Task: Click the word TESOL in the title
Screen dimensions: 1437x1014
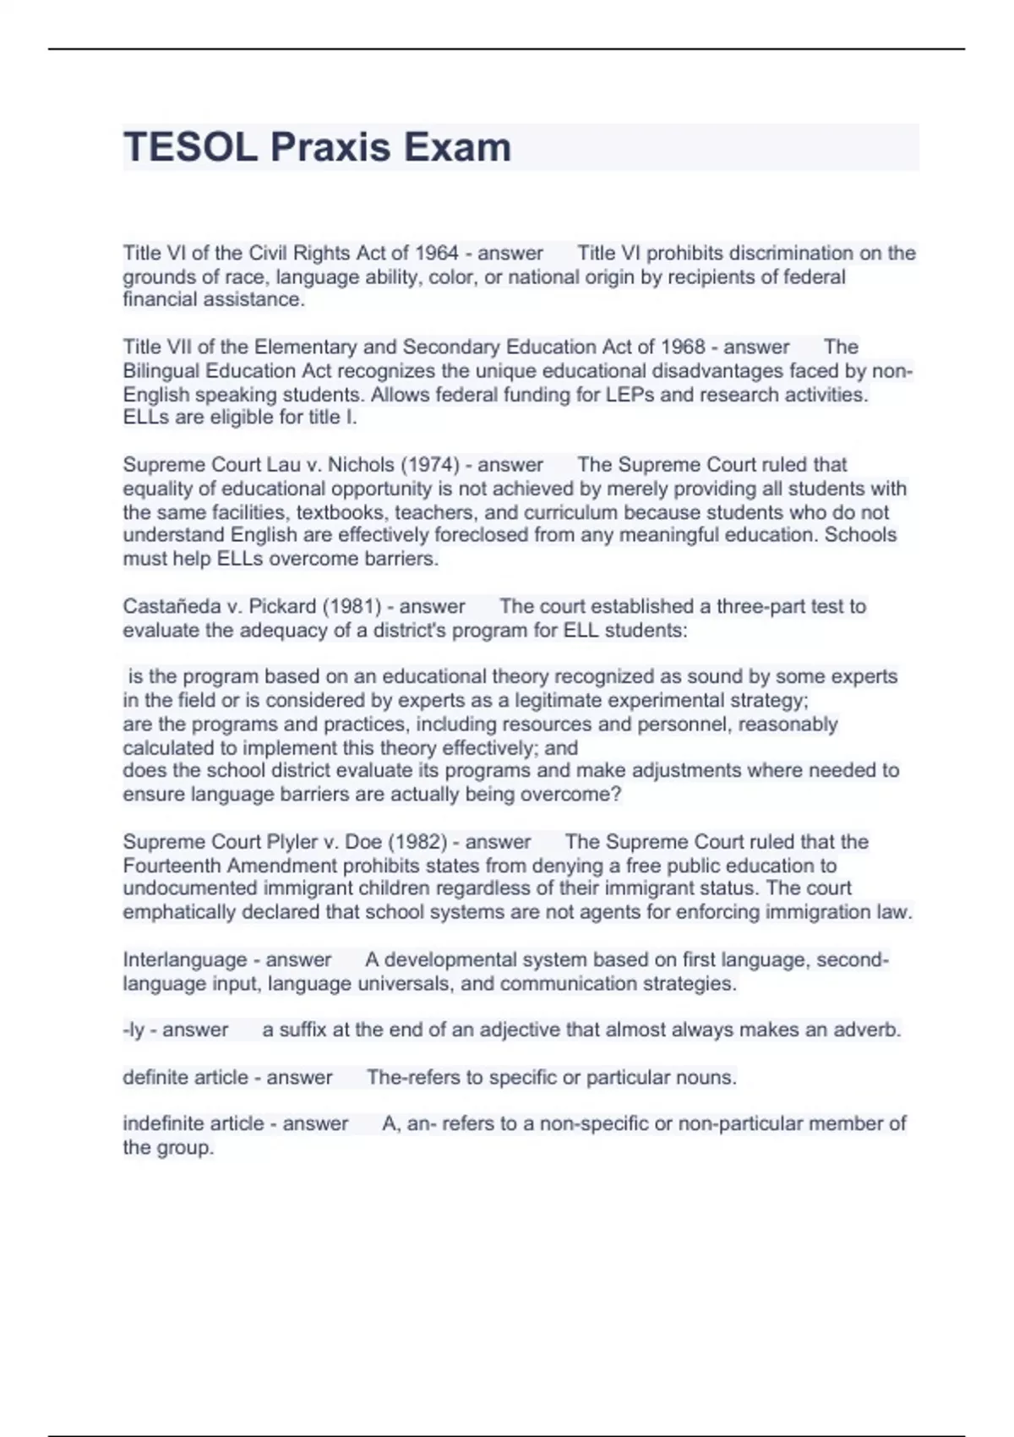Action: (x=190, y=148)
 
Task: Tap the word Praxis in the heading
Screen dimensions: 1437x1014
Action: (x=330, y=148)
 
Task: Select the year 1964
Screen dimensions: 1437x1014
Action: (x=436, y=253)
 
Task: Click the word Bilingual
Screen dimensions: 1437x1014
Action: (x=162, y=371)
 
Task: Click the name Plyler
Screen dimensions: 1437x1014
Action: (x=292, y=842)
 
